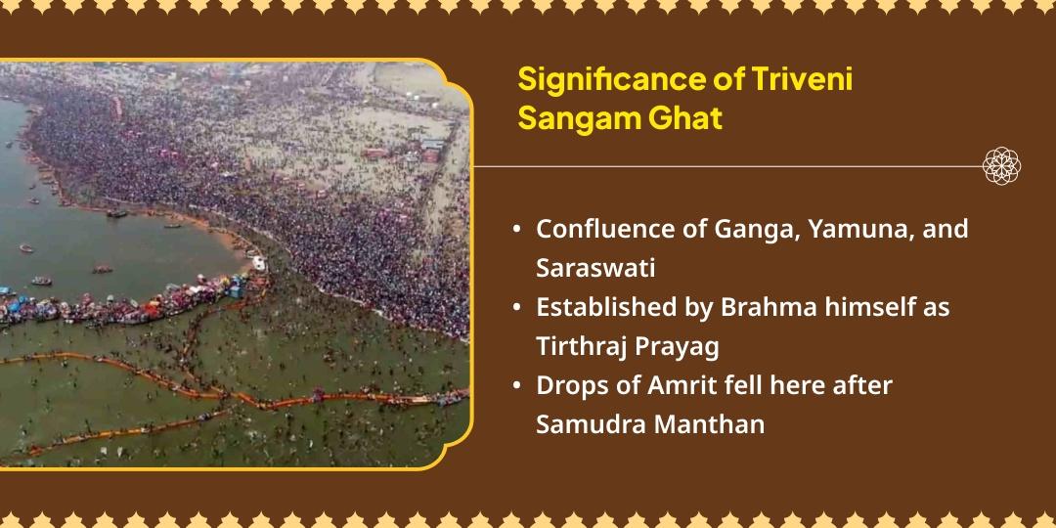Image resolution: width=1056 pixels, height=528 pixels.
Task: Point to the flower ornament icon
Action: click(1002, 165)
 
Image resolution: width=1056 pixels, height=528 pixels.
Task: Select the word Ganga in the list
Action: click(743, 230)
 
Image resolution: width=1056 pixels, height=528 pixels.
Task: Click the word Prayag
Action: click(671, 346)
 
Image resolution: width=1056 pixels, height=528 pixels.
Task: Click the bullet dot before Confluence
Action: click(515, 231)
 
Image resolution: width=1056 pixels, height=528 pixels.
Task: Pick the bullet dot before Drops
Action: click(515, 386)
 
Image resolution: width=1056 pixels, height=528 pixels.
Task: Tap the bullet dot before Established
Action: click(515, 308)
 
